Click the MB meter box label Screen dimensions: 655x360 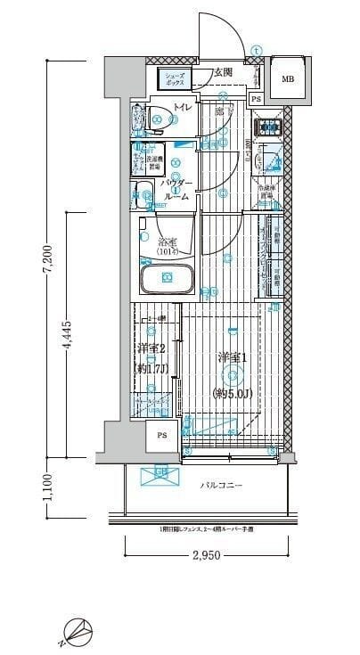pos(287,79)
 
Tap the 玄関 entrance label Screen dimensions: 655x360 pos(222,71)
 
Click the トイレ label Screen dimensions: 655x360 pos(182,109)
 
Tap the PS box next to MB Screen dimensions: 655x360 pos(256,100)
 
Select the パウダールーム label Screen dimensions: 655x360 pos(176,190)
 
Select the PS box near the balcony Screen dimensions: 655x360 pos(161,436)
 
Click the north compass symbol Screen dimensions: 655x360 pos(79,632)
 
